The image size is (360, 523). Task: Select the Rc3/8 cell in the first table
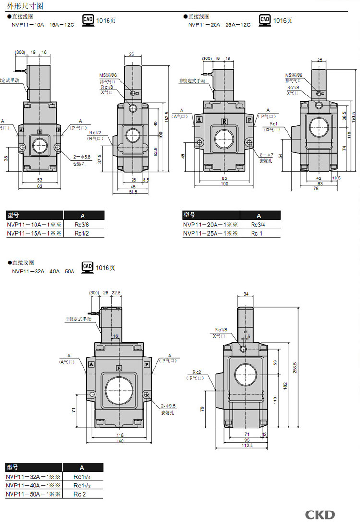[x=82, y=225]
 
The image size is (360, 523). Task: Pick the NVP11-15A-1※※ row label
[x=34, y=233]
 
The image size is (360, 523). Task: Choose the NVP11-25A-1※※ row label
[x=211, y=233]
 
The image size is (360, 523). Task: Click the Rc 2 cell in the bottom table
[x=80, y=494]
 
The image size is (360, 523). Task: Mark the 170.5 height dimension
[x=353, y=117]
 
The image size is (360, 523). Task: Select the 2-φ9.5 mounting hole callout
[x=169, y=405]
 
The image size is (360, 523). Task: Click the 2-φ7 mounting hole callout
[x=266, y=155]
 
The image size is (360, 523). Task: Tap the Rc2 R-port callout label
[x=197, y=372]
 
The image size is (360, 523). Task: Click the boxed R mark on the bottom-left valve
[x=119, y=368]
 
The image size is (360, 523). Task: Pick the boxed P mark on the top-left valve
[x=59, y=130]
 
